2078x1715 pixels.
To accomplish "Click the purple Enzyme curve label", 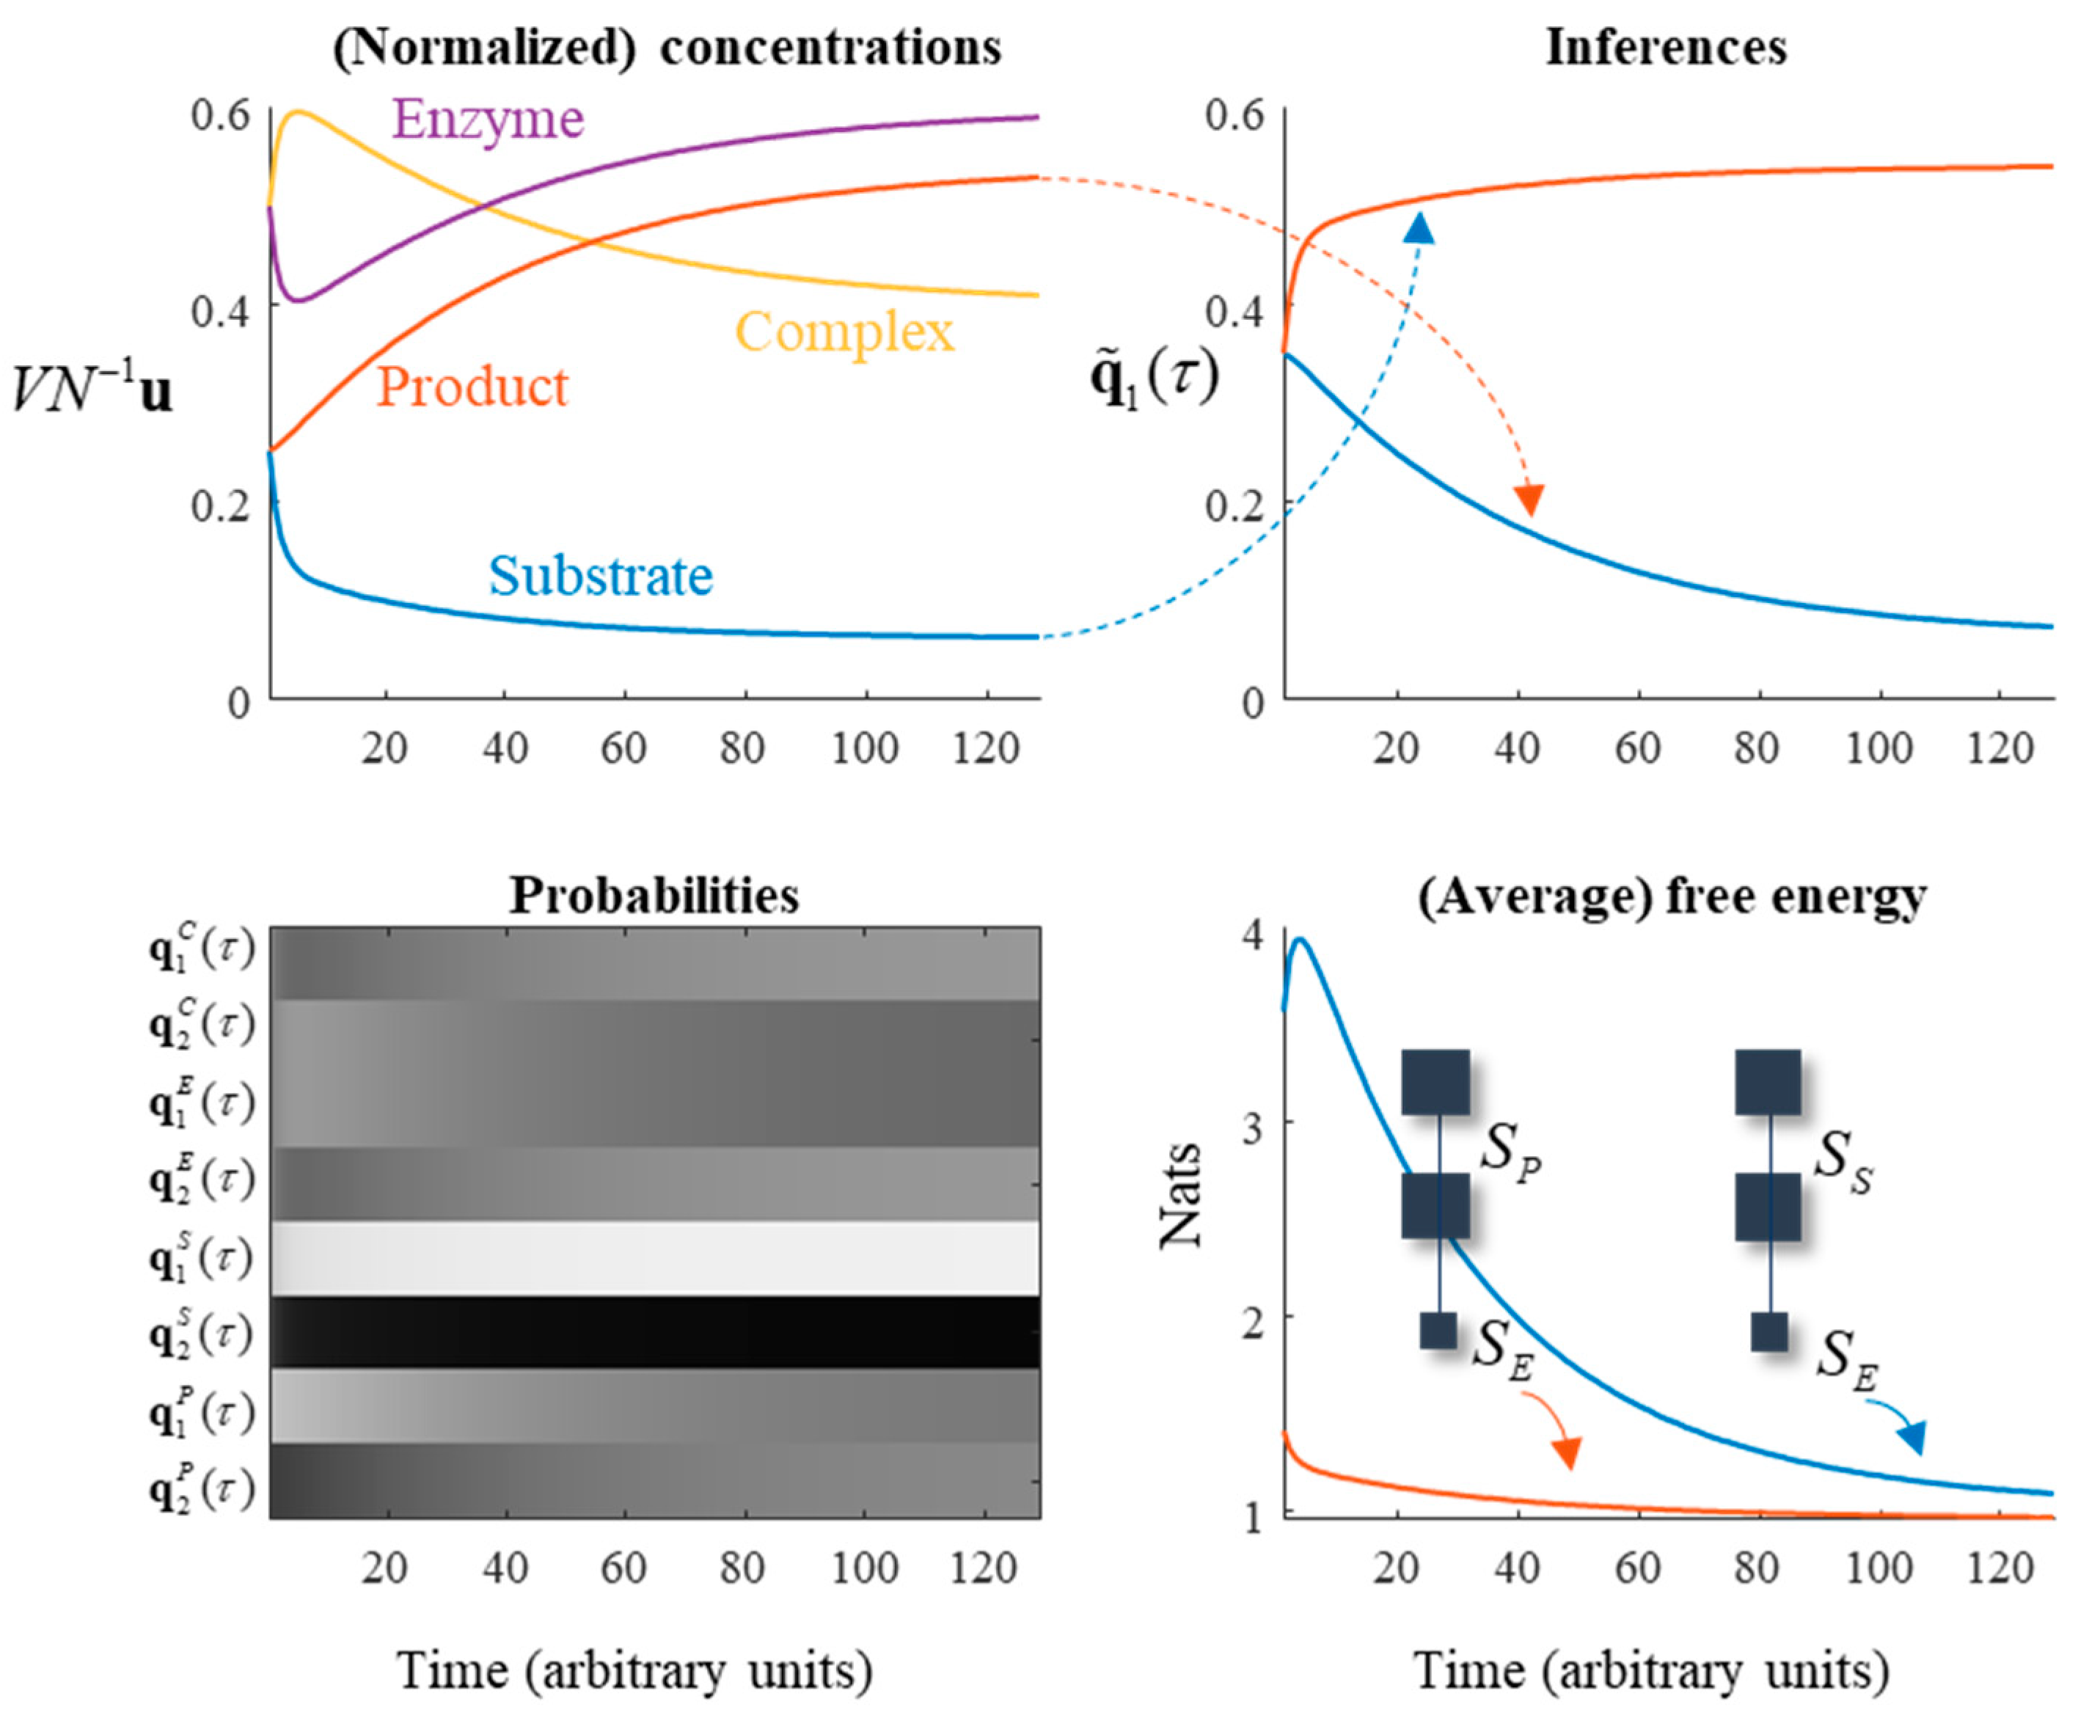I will pos(488,120).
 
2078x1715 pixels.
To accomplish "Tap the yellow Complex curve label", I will pos(844,332).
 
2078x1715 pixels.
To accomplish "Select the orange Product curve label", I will pos(472,387).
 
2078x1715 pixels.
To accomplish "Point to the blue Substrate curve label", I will pos(601,575).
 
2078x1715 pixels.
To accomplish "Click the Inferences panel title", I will pos(1667,48).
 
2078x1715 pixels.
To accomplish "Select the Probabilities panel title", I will pos(654,895).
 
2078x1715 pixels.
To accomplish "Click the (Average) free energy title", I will pos(1672,895).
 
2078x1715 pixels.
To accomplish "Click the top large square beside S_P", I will pos(1435,1082).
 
